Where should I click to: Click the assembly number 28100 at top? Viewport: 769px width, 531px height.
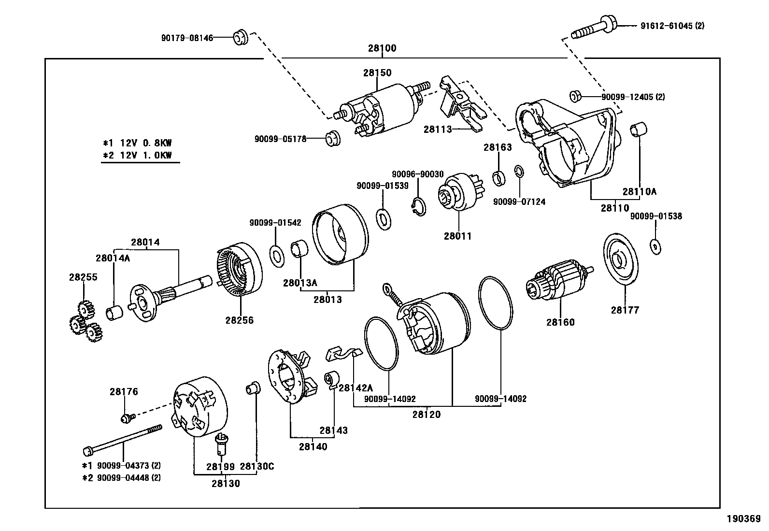[x=382, y=48]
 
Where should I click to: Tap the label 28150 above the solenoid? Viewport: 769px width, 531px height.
[x=377, y=73]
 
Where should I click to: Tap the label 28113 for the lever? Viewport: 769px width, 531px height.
[x=438, y=129]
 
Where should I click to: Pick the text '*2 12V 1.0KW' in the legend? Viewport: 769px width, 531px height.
[x=138, y=155]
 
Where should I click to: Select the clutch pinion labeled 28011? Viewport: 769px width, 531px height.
[x=456, y=193]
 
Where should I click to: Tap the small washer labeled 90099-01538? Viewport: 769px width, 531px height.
[x=655, y=246]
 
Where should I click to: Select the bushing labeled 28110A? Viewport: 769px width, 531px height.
[x=639, y=131]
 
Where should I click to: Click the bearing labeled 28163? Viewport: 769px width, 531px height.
[x=498, y=177]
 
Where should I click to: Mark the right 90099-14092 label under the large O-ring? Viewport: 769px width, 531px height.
[x=500, y=399]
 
